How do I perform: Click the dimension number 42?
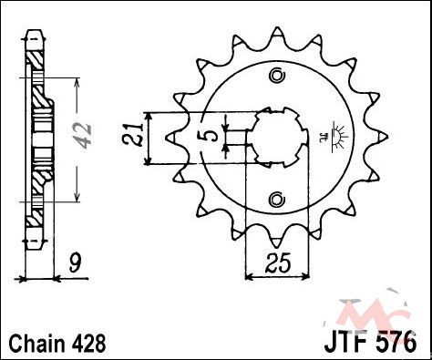(82, 137)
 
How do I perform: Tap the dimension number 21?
(134, 135)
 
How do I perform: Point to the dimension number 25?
(278, 262)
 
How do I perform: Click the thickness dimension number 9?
(75, 262)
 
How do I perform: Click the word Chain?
(37, 344)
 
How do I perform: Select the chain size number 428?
(88, 344)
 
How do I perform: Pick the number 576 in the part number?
(395, 343)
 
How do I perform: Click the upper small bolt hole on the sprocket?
(277, 76)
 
